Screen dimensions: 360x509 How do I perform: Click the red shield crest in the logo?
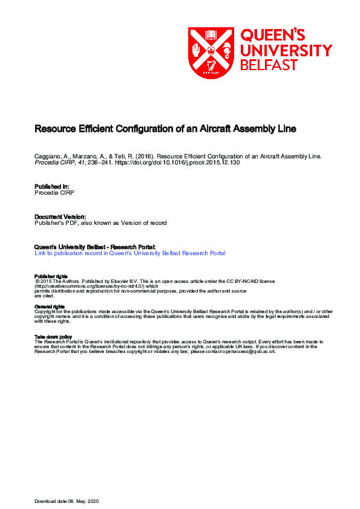[x=211, y=53]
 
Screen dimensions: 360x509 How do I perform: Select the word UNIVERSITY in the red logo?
[x=286, y=50]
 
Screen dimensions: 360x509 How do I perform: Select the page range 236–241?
[x=101, y=162]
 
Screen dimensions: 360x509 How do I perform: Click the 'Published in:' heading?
[x=52, y=186]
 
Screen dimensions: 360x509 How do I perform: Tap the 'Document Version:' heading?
[x=60, y=216]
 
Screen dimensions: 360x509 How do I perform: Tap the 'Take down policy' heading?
[x=53, y=337]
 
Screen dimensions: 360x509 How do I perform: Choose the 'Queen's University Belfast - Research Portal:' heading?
[x=96, y=247]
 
